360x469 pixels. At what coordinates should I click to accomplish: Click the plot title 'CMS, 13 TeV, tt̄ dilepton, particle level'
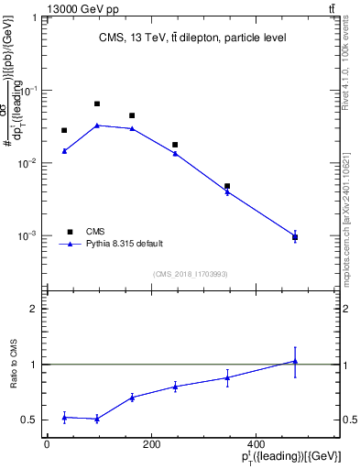(x=192, y=38)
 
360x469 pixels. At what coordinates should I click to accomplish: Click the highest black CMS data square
(x=97, y=104)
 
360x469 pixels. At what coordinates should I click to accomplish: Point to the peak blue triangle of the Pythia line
(x=97, y=125)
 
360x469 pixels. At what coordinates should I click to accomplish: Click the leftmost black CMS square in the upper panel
(x=64, y=130)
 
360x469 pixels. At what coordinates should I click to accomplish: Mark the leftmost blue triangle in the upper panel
(x=64, y=151)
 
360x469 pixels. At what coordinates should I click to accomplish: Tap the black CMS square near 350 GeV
(x=227, y=186)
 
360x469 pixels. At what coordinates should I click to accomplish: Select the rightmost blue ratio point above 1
(x=295, y=361)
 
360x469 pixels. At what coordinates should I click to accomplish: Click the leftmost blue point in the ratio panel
(x=64, y=418)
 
